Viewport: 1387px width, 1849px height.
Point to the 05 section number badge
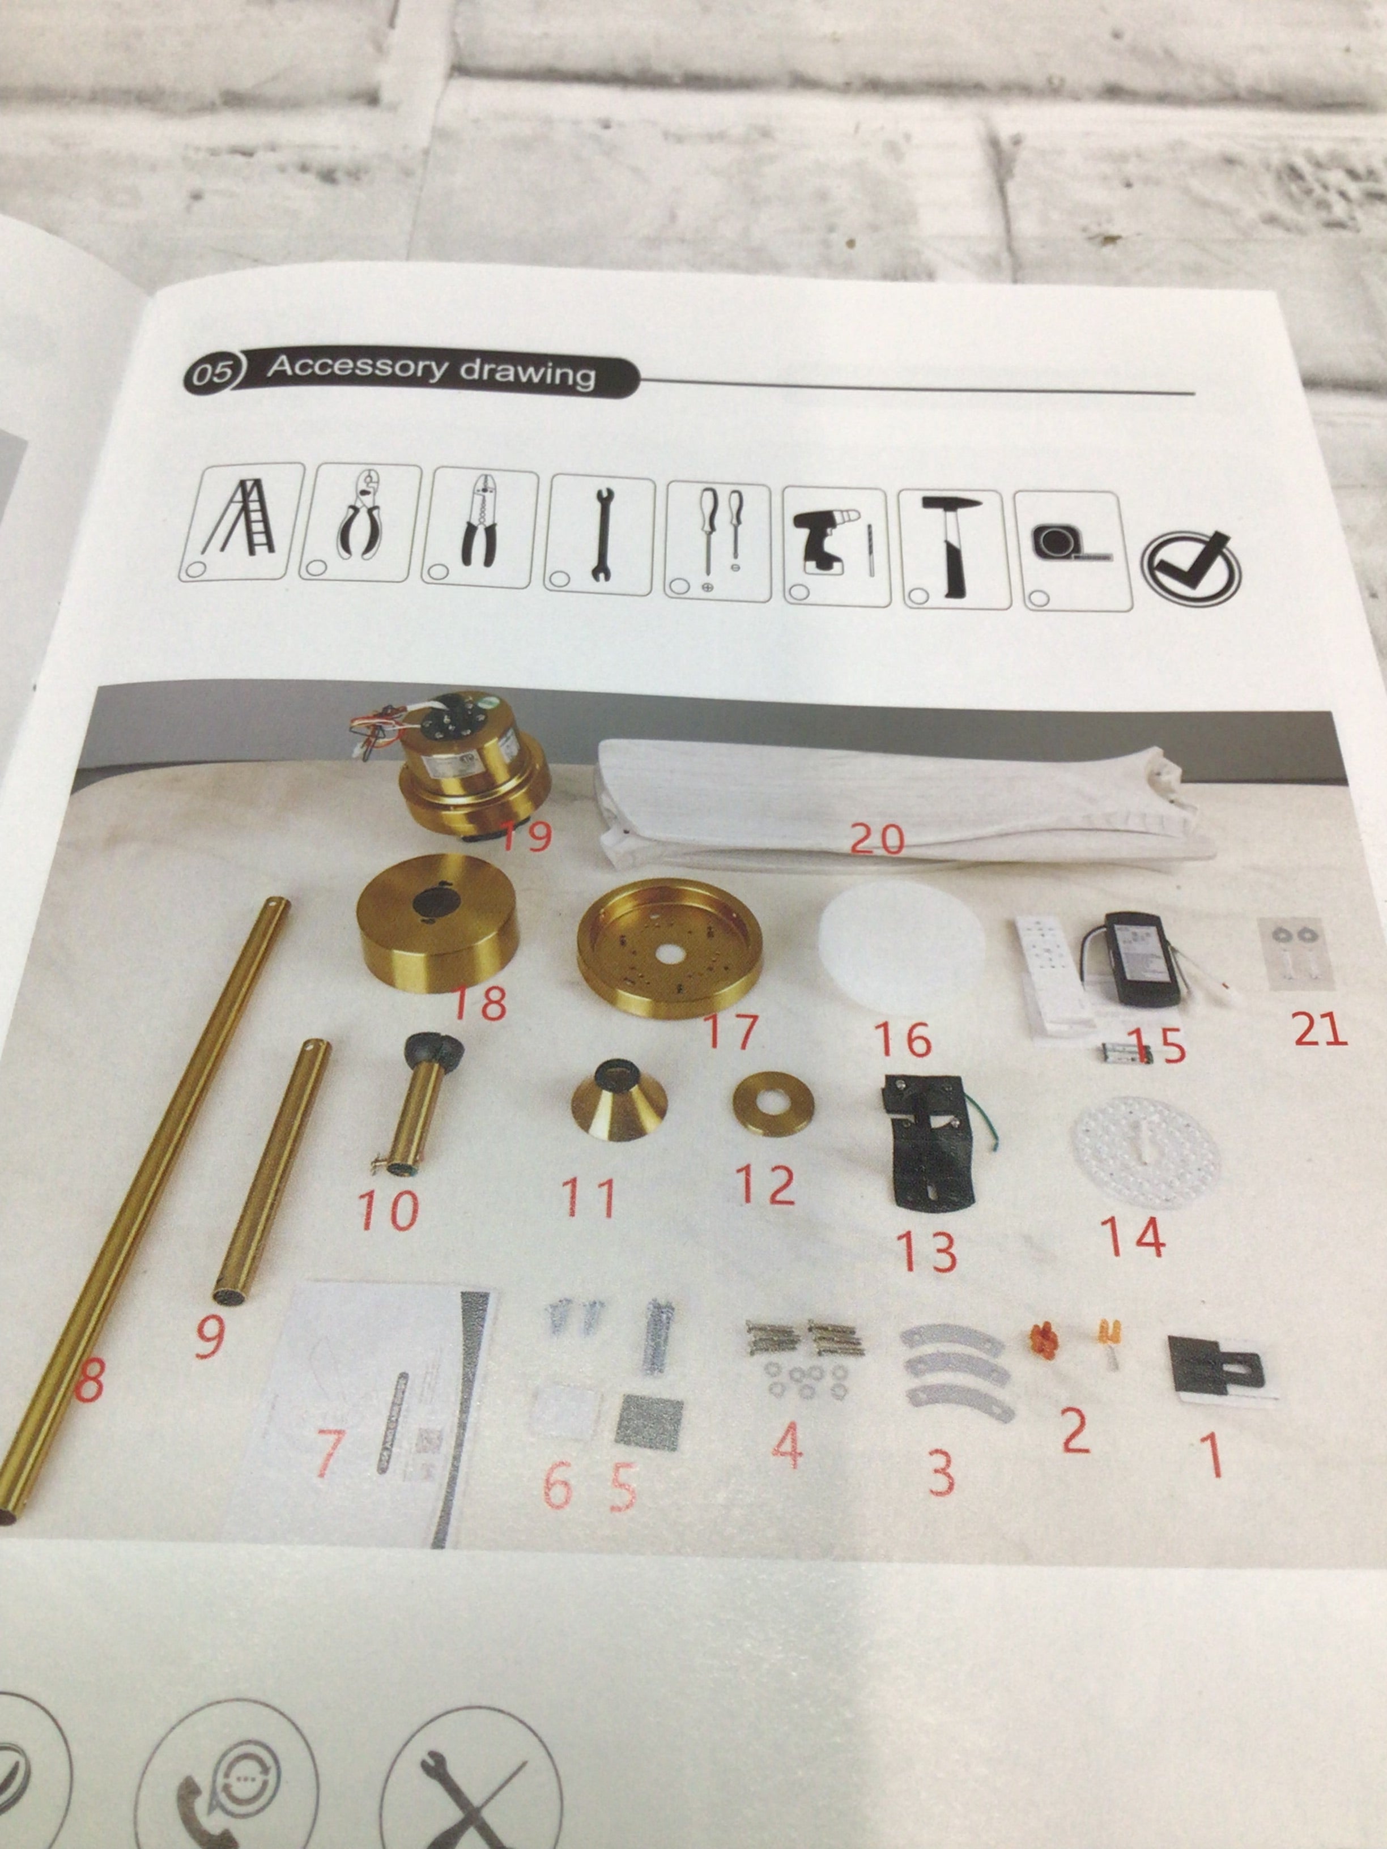coord(211,371)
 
